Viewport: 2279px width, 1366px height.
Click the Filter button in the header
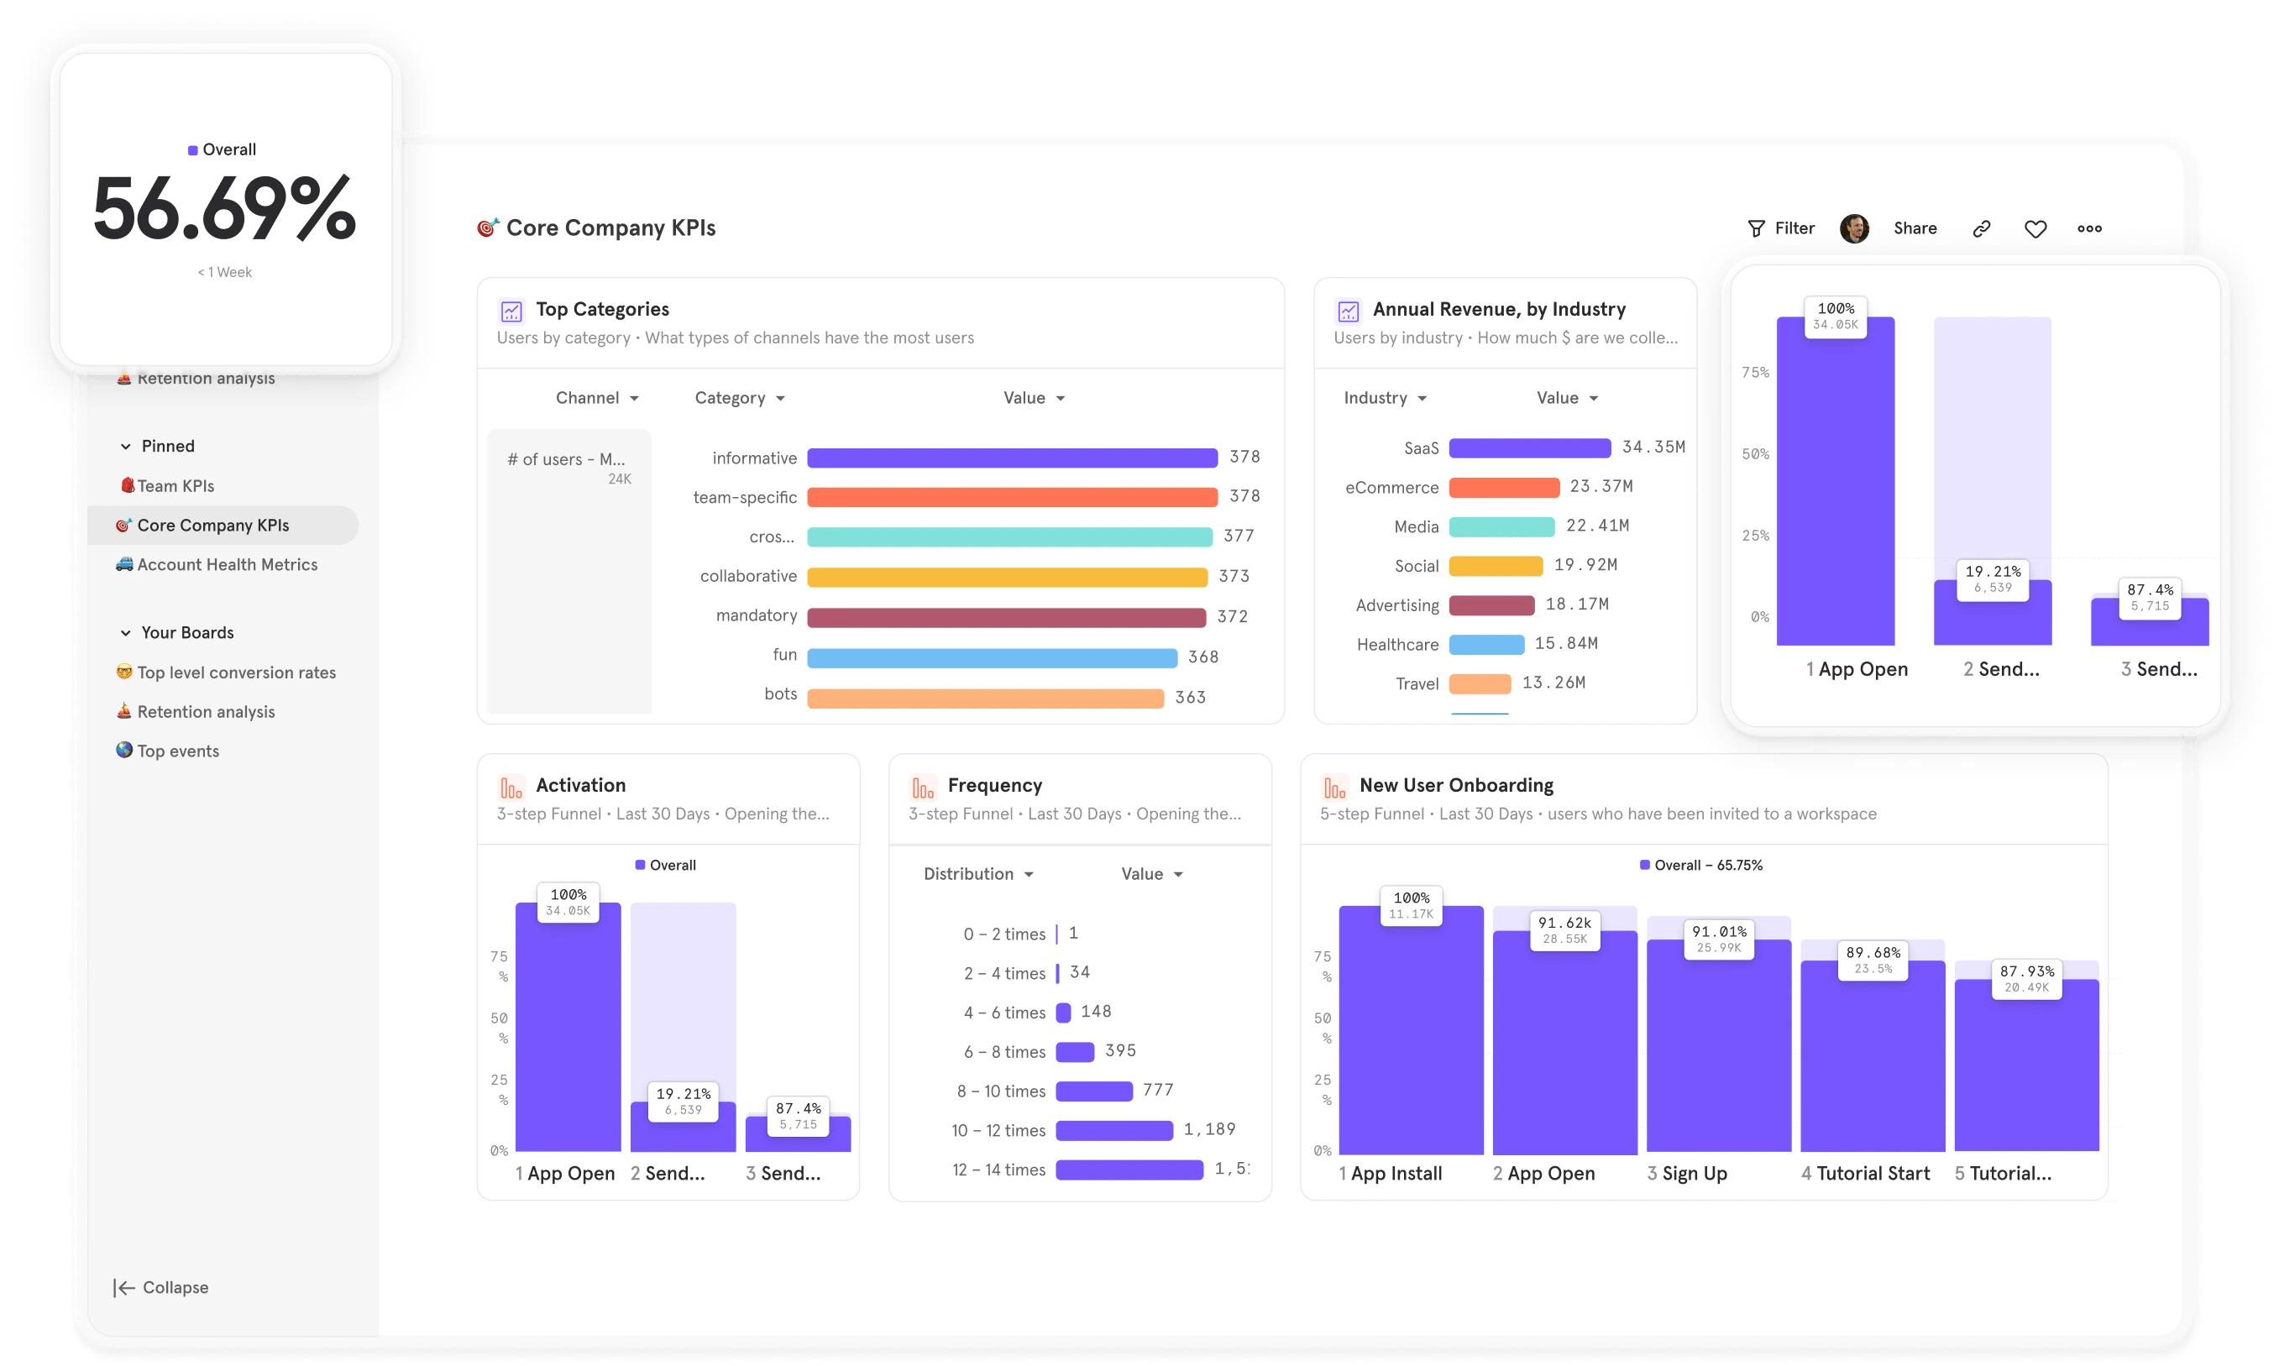(x=1781, y=228)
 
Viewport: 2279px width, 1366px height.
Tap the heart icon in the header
(x=2035, y=228)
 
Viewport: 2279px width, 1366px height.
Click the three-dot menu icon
(x=2088, y=228)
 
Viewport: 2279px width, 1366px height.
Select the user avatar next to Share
(x=1854, y=228)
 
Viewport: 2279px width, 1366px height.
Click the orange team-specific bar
(x=1012, y=497)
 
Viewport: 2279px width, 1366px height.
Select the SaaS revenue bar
(x=1529, y=447)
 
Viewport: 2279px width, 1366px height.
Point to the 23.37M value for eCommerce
(x=1601, y=486)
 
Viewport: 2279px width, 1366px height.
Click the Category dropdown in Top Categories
(x=739, y=398)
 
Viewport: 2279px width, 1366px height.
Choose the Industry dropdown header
(x=1383, y=398)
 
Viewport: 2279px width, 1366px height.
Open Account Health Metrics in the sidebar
(x=227, y=564)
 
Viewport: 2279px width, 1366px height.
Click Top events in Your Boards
(x=178, y=751)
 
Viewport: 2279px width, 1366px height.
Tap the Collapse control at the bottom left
(x=162, y=1287)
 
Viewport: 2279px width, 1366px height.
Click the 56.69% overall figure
(x=224, y=210)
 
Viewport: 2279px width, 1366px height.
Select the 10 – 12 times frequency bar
(x=1113, y=1130)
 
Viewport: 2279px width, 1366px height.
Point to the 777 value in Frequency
(x=1158, y=1090)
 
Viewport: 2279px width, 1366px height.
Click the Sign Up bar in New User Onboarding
(x=1717, y=1049)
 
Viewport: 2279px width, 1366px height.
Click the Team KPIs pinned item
(x=175, y=486)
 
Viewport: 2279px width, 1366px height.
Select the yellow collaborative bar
(x=1007, y=576)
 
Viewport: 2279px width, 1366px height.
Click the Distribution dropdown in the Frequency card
(x=977, y=873)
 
